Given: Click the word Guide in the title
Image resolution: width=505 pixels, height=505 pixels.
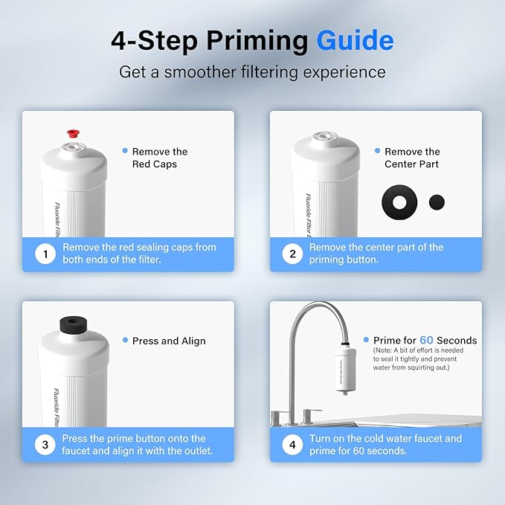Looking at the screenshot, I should click(x=356, y=40).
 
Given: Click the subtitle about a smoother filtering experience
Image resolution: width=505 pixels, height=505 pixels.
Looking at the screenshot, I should click(x=252, y=72).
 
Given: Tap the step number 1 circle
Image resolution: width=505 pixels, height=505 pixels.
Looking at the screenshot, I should click(x=46, y=255).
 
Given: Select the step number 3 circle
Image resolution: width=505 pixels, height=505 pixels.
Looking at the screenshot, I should click(x=46, y=446).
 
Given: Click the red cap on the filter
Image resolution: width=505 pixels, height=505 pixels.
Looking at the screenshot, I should click(x=73, y=132).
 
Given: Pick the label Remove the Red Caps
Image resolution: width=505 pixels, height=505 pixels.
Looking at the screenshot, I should click(x=159, y=158).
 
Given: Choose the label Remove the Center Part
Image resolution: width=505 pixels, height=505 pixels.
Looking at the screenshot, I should click(x=412, y=158).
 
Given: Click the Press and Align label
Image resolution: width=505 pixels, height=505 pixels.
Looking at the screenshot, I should click(x=169, y=341).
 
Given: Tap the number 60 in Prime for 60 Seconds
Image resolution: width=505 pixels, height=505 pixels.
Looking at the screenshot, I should click(x=426, y=341).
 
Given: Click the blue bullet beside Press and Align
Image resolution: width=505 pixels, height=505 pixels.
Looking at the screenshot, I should click(x=125, y=341).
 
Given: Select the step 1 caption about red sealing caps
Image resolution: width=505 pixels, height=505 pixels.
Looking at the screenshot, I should click(x=139, y=254).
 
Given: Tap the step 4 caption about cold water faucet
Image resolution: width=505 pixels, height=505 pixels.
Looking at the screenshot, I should click(x=385, y=445).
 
